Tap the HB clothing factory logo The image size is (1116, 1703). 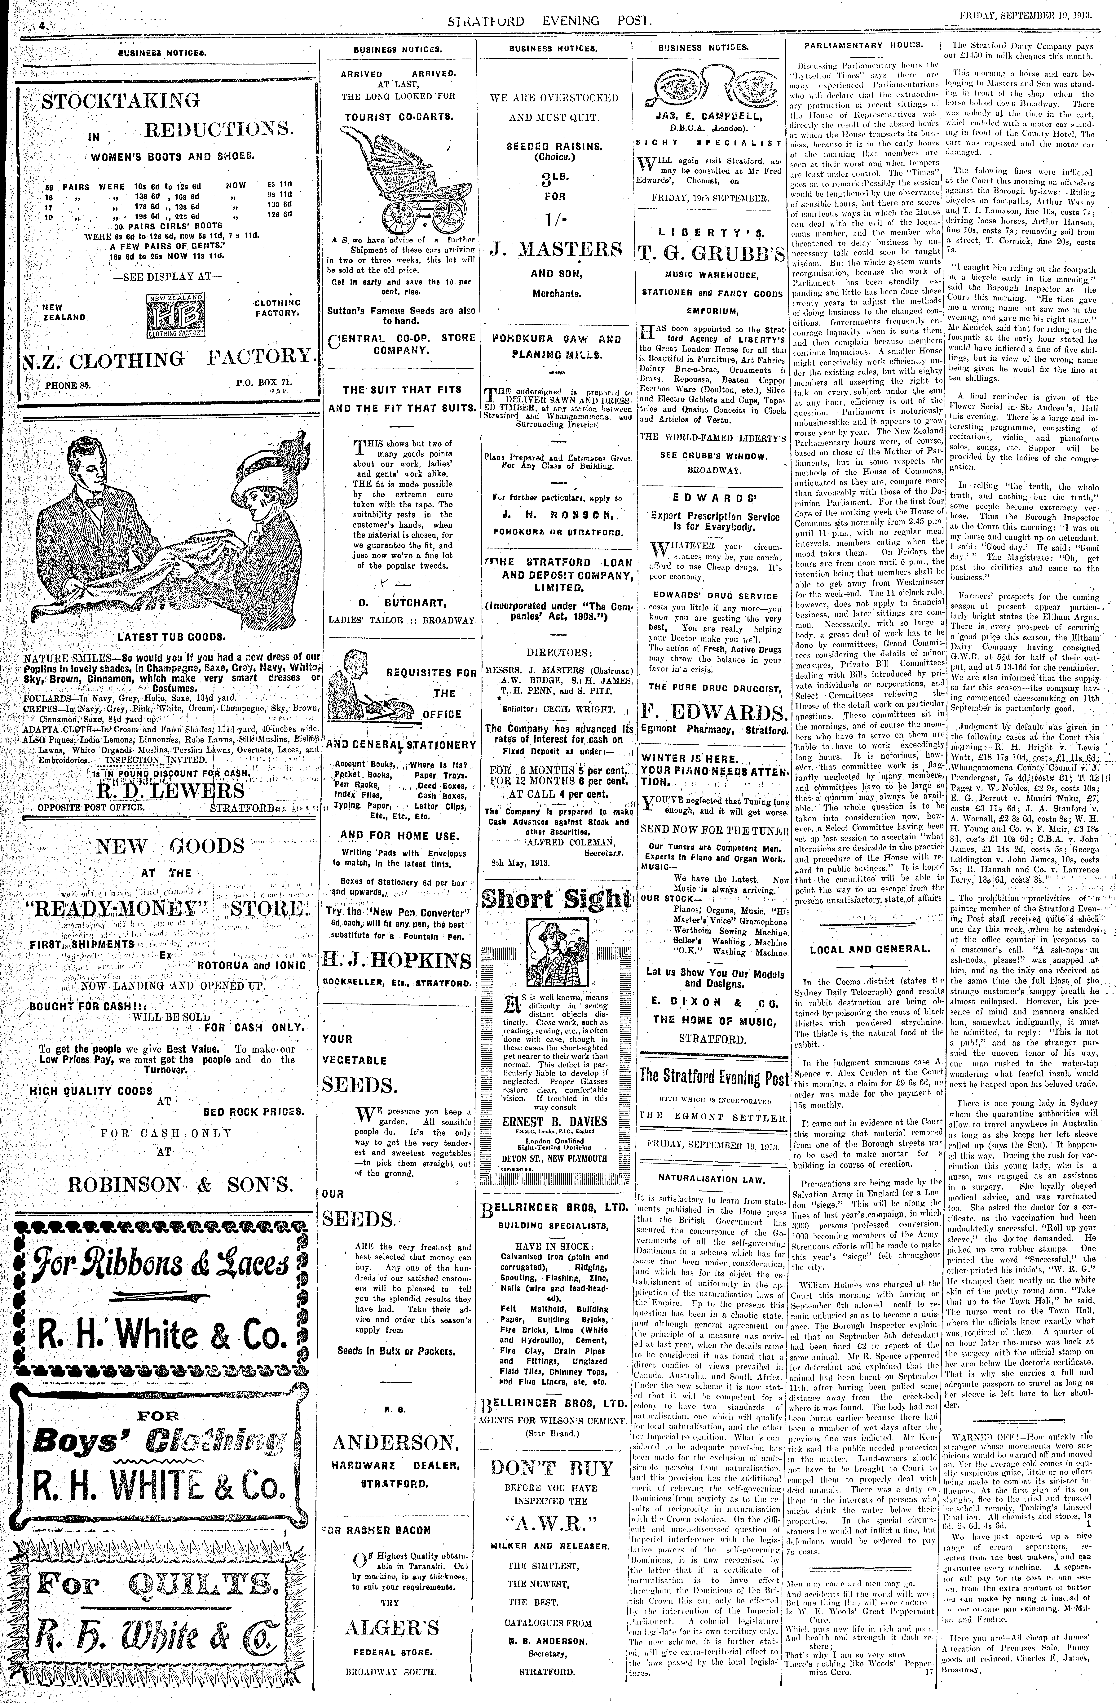(x=176, y=315)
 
